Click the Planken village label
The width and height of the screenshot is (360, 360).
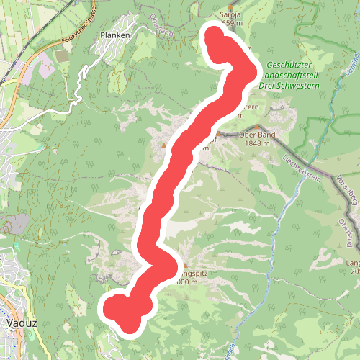(x=114, y=35)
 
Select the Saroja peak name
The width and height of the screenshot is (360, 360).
(x=231, y=14)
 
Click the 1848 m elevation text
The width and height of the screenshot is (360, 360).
(x=258, y=143)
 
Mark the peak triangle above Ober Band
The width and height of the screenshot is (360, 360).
(x=257, y=126)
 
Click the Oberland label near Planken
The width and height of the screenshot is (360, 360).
(x=163, y=27)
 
